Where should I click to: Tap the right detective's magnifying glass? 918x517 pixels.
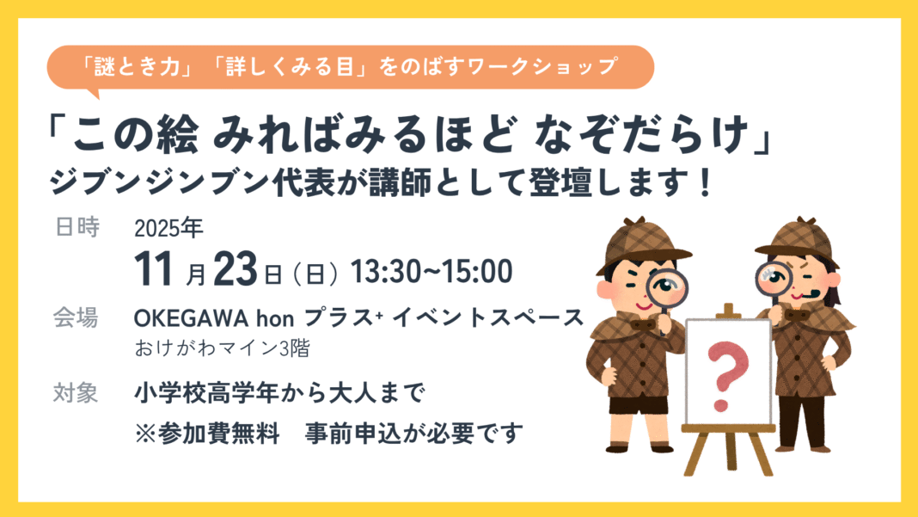(x=774, y=277)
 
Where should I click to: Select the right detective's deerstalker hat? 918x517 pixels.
(x=799, y=236)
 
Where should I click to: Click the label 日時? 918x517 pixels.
(x=76, y=228)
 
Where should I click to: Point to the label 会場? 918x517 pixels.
(x=76, y=317)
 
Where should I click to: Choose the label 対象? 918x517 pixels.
(x=76, y=393)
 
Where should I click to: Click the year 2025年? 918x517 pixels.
(x=168, y=229)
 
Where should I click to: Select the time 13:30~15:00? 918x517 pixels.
(x=431, y=271)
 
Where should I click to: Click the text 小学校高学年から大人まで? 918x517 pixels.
(x=278, y=394)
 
